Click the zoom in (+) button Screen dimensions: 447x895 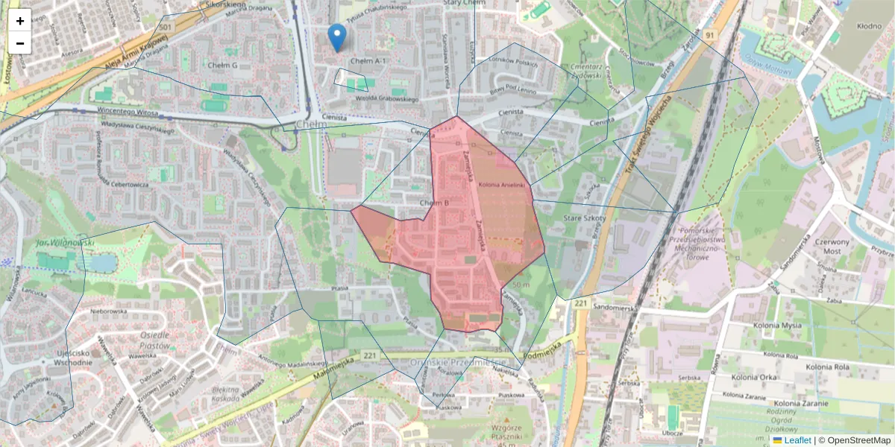click(x=20, y=21)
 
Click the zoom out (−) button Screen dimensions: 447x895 click(x=20, y=43)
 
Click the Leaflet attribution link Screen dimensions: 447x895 click(x=797, y=440)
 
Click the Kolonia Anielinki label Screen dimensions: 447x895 click(x=503, y=184)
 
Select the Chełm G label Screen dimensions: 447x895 click(x=223, y=66)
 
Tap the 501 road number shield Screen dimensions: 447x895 click(x=166, y=28)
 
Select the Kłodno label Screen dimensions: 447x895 click(x=869, y=26)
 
